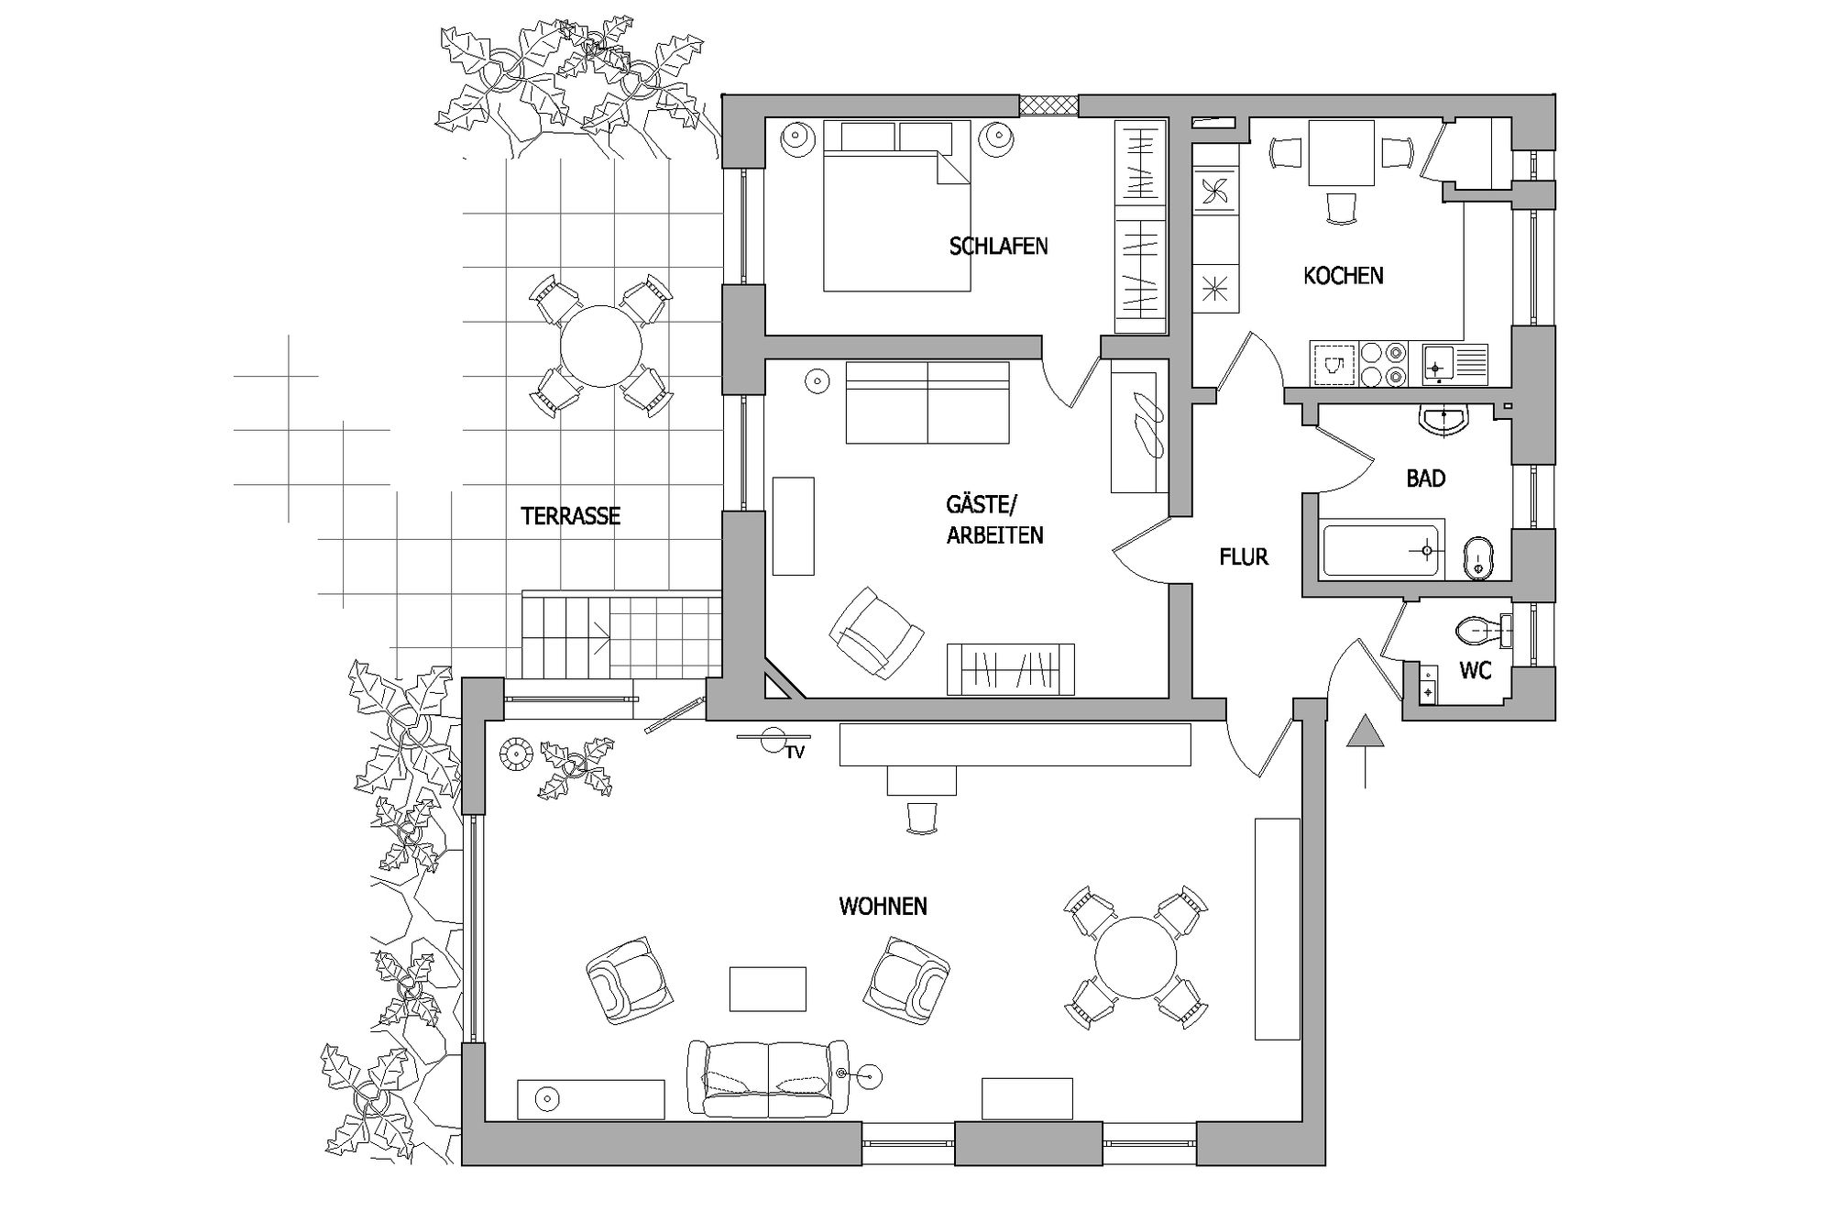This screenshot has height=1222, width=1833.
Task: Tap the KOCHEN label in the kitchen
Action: [1343, 275]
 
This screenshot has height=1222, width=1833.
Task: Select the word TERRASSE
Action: [570, 516]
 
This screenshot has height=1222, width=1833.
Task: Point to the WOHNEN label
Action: [883, 907]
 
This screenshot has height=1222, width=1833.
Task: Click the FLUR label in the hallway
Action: [1244, 556]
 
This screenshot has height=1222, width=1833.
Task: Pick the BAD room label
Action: [1425, 479]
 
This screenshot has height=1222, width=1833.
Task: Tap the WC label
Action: [1475, 671]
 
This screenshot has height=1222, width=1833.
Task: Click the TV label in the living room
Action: [795, 753]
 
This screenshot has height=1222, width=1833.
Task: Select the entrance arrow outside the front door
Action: [1366, 751]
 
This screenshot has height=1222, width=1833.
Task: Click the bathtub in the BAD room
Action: [1383, 548]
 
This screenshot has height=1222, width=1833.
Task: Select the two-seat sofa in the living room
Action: [768, 1079]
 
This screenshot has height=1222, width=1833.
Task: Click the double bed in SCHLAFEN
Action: [896, 206]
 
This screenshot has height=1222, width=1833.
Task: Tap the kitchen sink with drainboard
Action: [1454, 363]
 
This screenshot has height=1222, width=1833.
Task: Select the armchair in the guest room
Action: [876, 633]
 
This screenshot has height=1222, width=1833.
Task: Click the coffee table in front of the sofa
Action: [768, 989]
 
